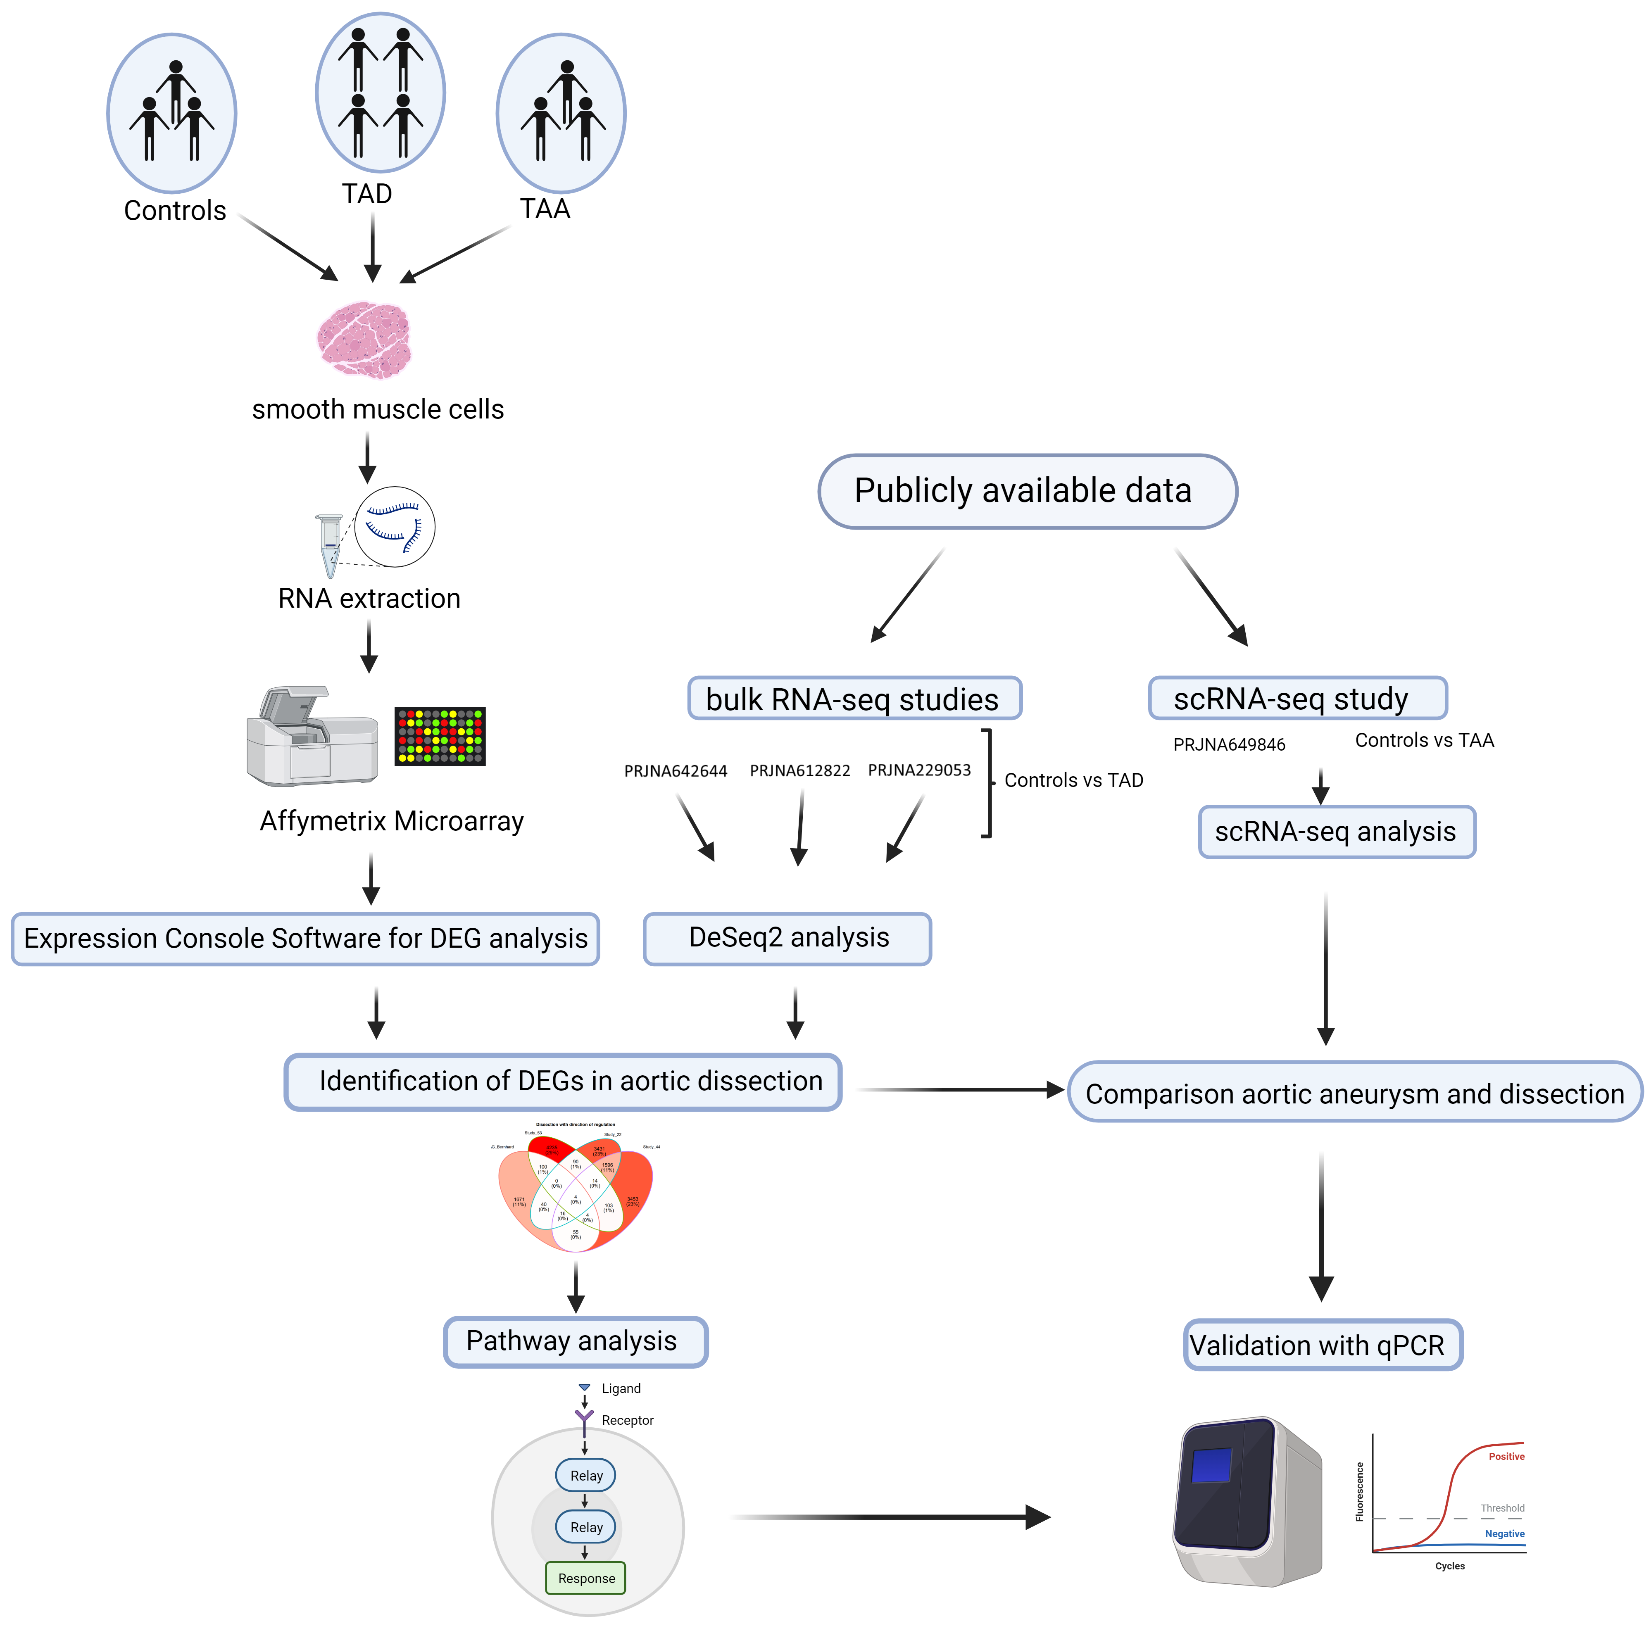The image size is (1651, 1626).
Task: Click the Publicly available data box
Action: point(1027,491)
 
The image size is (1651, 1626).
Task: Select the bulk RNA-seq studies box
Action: point(854,699)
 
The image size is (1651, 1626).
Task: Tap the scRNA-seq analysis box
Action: point(1336,831)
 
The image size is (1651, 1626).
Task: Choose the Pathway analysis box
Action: point(575,1341)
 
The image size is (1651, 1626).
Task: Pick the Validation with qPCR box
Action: point(1322,1345)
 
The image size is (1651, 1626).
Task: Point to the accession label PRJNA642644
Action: point(676,771)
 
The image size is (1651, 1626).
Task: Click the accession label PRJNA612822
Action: point(799,770)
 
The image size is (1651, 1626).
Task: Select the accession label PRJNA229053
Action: point(919,770)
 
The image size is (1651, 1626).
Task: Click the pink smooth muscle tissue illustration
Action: point(365,339)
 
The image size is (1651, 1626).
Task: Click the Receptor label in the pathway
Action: point(627,1420)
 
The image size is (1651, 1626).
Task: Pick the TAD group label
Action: point(367,194)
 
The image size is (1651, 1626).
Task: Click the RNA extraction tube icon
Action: point(330,545)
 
